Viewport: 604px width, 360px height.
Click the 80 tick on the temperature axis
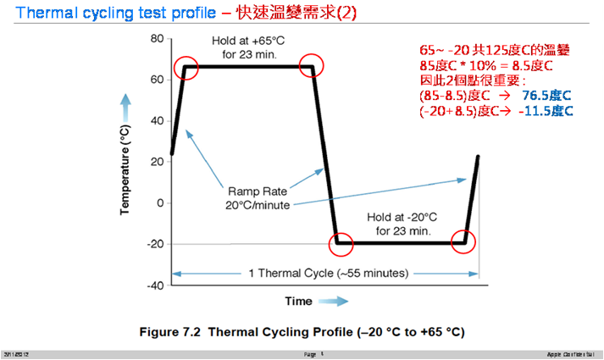(x=156, y=39)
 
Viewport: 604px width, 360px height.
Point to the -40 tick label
(x=154, y=285)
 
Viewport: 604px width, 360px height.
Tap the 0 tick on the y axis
(x=159, y=203)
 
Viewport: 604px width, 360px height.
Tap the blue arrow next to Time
(x=335, y=301)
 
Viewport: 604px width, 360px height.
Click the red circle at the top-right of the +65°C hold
(x=314, y=69)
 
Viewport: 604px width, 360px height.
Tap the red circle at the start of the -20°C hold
(x=341, y=244)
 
